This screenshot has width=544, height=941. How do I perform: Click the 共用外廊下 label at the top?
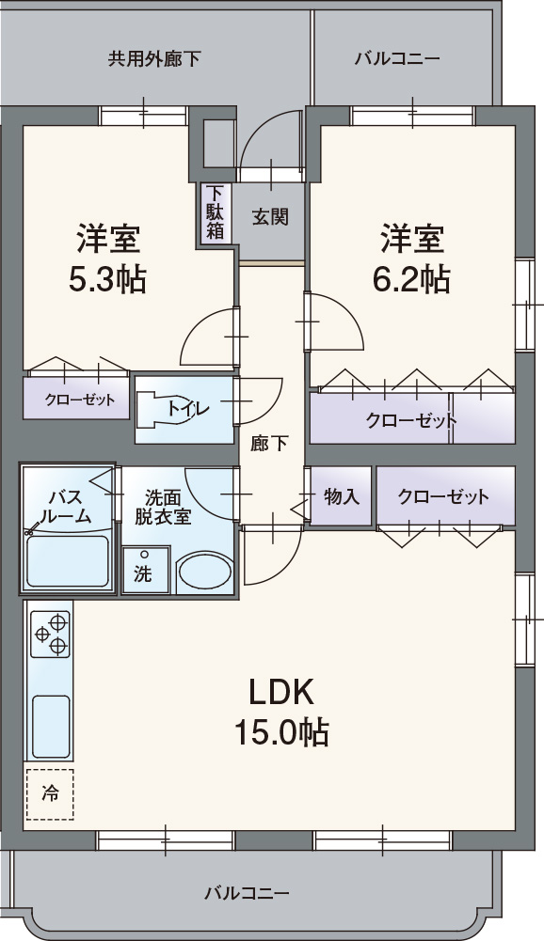click(x=153, y=59)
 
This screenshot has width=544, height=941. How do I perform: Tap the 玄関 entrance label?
click(x=269, y=216)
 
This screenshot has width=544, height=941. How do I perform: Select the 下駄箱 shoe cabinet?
click(x=216, y=214)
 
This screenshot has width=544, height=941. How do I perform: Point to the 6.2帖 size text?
click(x=411, y=279)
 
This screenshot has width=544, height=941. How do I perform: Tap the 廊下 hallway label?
click(x=269, y=444)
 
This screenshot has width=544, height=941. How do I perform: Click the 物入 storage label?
click(x=341, y=496)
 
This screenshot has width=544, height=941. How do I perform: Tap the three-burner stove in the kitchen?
click(x=50, y=635)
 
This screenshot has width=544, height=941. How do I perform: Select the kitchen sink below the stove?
click(x=51, y=726)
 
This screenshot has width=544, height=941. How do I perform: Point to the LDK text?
click(x=280, y=693)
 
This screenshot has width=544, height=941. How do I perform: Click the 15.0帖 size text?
click(x=280, y=731)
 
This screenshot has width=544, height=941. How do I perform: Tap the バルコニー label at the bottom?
click(x=247, y=892)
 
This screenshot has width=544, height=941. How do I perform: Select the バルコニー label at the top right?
click(x=397, y=59)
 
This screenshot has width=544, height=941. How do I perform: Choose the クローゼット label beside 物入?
click(x=443, y=496)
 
